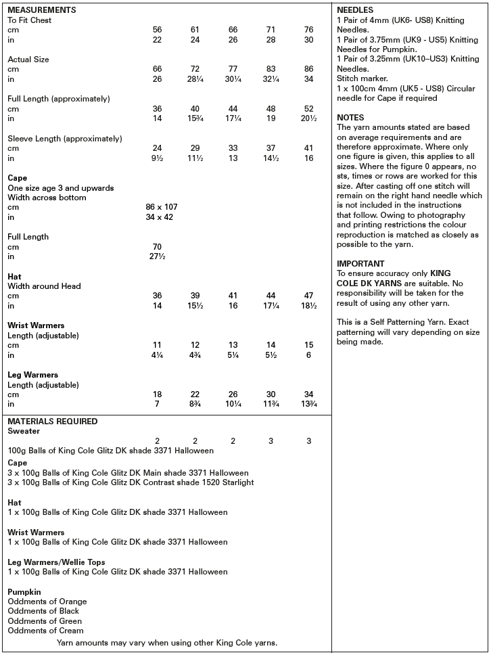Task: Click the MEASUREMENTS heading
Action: pyautogui.click(x=41, y=10)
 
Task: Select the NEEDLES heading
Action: pyautogui.click(x=354, y=10)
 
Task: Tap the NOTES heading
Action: pyautogui.click(x=350, y=118)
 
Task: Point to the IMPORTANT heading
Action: pyautogui.click(x=360, y=263)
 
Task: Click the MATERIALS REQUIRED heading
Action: pyautogui.click(x=53, y=421)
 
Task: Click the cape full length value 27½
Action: pyautogui.click(x=157, y=256)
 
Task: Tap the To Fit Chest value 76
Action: pyautogui.click(x=308, y=30)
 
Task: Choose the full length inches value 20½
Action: pyautogui.click(x=308, y=118)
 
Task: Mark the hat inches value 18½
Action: pyautogui.click(x=308, y=306)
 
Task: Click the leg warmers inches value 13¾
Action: pyautogui.click(x=308, y=404)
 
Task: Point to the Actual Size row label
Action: pyautogui.click(x=28, y=60)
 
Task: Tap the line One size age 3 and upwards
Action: pyautogui.click(x=60, y=187)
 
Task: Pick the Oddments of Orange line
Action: pyautogui.click(x=47, y=601)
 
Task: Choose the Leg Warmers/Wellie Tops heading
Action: pyautogui.click(x=56, y=562)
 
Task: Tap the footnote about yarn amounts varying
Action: pyautogui.click(x=167, y=643)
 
